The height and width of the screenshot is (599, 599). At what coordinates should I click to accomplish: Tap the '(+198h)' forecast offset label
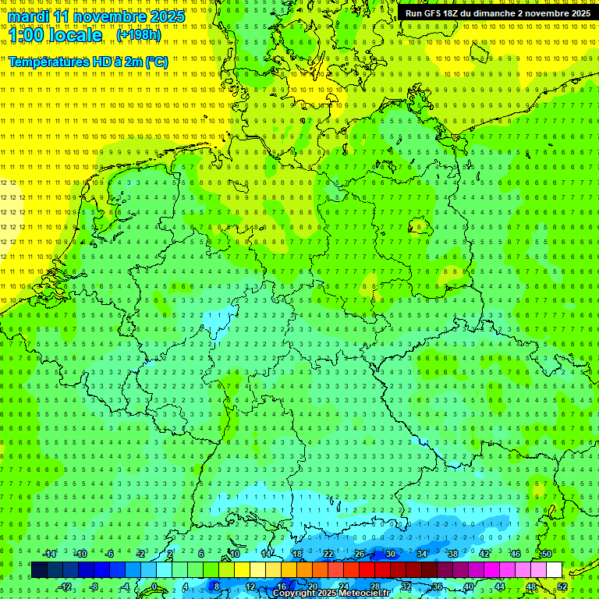point(139,35)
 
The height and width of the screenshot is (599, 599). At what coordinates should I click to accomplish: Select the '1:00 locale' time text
point(55,35)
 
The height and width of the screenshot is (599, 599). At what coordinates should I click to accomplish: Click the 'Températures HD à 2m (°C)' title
point(87,62)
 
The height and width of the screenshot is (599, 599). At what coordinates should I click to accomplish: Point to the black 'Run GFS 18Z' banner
point(498,13)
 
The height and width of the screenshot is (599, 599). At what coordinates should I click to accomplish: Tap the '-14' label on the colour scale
point(50,554)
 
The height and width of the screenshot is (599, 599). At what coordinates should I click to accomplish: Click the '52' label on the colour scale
point(562,587)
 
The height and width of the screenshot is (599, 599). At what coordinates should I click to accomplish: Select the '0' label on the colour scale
point(154,587)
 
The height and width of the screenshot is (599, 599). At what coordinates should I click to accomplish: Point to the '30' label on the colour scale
point(390,554)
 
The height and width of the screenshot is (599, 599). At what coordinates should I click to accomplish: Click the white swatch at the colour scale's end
point(554,570)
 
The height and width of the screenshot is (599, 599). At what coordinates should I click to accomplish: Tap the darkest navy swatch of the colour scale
point(39,570)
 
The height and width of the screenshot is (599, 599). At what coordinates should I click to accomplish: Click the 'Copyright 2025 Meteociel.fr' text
point(331,594)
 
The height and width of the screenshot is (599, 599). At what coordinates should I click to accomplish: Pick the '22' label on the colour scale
point(328,554)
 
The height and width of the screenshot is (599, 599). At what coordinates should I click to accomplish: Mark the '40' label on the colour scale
point(469,587)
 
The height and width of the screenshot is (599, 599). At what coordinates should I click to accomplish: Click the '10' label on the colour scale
point(234,554)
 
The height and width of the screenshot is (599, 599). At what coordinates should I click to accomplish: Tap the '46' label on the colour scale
point(516,554)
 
